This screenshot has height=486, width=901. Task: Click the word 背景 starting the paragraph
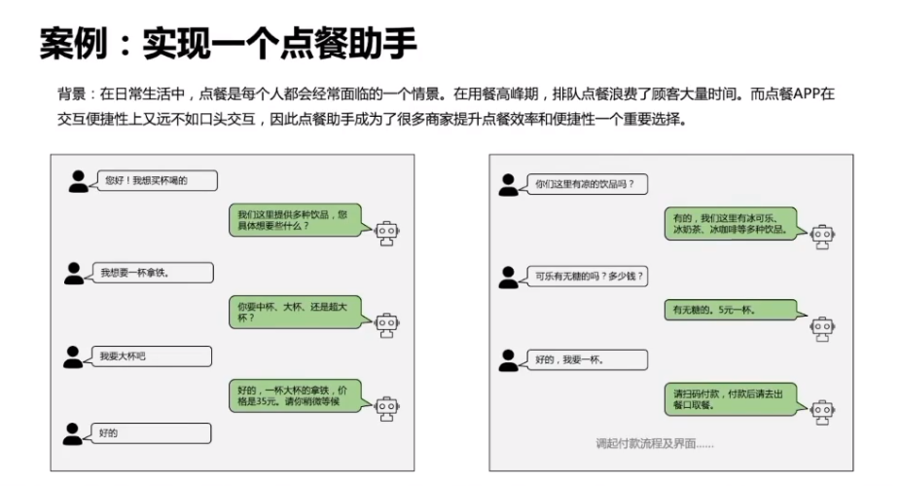[71, 95]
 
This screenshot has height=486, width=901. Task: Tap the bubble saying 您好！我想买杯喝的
[154, 181]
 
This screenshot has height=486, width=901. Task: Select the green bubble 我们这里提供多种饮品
[295, 220]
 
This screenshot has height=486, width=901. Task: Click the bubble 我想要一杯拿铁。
[152, 273]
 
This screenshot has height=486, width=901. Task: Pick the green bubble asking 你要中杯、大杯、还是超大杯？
[295, 312]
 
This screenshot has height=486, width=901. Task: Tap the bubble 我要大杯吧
[152, 356]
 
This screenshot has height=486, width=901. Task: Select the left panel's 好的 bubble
[152, 432]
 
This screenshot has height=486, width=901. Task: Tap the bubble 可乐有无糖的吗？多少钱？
[589, 277]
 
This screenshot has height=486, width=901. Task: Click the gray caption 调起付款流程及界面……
[654, 443]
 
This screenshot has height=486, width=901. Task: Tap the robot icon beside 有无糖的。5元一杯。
[822, 327]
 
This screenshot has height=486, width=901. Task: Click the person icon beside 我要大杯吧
[74, 357]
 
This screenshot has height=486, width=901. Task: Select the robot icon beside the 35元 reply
[387, 409]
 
